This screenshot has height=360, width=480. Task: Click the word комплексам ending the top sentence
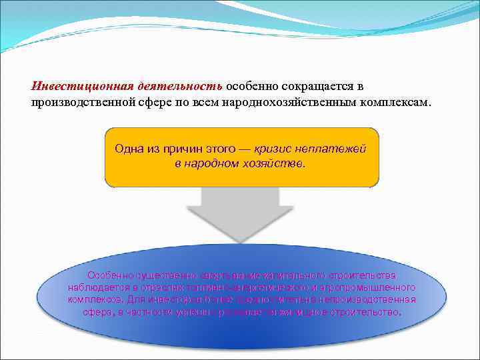click(396, 103)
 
